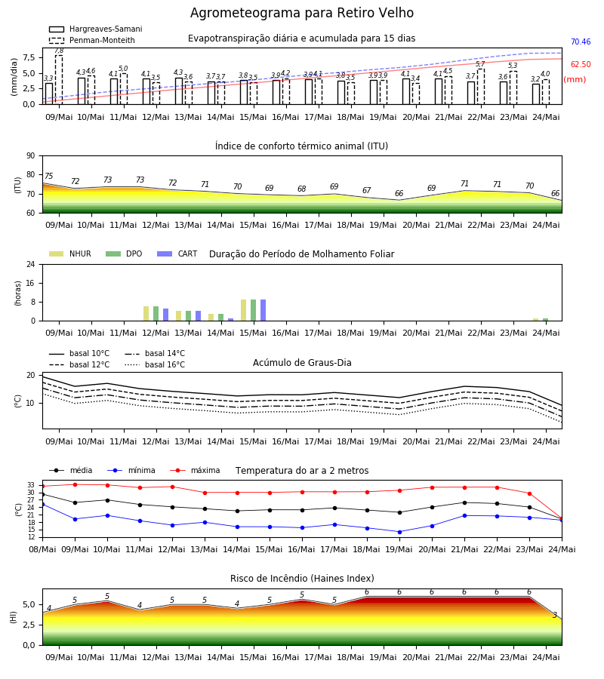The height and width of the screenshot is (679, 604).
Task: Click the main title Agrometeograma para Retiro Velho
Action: pyautogui.click(x=301, y=13)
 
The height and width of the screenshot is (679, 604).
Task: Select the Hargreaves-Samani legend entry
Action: pyautogui.click(x=96, y=29)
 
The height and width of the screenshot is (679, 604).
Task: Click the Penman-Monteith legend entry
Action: pyautogui.click(x=92, y=40)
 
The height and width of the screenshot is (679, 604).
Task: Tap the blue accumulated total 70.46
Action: pyautogui.click(x=581, y=42)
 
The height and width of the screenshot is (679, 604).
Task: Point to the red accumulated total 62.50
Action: pyautogui.click(x=581, y=65)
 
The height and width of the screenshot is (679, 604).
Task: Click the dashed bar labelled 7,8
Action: pyautogui.click(x=59, y=80)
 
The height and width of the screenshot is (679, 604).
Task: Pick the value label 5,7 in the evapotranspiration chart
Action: pyautogui.click(x=480, y=64)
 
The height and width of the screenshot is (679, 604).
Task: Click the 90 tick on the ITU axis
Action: pyautogui.click(x=31, y=156)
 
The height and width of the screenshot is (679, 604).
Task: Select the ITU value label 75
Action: pyautogui.click(x=48, y=176)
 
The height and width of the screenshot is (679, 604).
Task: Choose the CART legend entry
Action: pyautogui.click(x=177, y=253)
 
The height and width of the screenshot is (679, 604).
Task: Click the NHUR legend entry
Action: pyautogui.click(x=70, y=253)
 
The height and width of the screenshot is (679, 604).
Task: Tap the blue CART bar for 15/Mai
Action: pyautogui.click(x=263, y=310)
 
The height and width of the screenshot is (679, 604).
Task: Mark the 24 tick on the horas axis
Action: pyautogui.click(x=31, y=264)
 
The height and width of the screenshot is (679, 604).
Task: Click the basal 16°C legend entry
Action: pyautogui.click(x=155, y=364)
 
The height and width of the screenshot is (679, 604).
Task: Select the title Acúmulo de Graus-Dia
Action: pyautogui.click(x=302, y=363)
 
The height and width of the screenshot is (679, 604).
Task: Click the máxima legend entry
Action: pyautogui.click(x=195, y=470)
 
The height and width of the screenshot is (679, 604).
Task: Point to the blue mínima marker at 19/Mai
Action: pyautogui.click(x=399, y=532)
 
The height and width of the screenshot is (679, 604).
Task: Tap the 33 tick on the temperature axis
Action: pyautogui.click(x=31, y=485)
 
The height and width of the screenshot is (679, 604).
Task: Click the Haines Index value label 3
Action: pyautogui.click(x=555, y=616)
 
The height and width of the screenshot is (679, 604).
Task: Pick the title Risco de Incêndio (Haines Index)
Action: pyautogui.click(x=302, y=579)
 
